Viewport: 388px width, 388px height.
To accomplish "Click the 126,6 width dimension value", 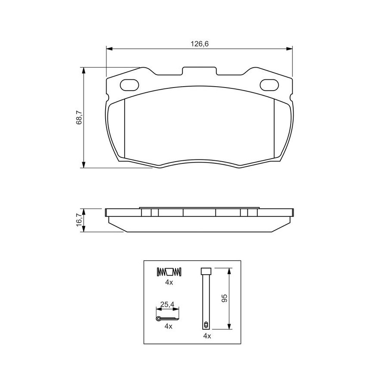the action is click(x=200, y=44).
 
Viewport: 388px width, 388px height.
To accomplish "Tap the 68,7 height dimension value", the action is click(x=79, y=118).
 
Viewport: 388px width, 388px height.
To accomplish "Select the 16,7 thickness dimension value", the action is click(x=79, y=220).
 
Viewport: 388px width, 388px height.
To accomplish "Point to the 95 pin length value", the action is click(x=225, y=298).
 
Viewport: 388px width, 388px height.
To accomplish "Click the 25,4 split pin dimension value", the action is click(x=167, y=304).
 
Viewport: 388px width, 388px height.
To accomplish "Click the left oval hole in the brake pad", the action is click(x=129, y=85).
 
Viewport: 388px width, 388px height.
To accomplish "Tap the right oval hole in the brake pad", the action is click(x=269, y=85).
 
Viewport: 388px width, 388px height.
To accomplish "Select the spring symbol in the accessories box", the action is click(x=169, y=272).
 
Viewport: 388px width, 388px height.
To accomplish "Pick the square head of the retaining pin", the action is click(x=206, y=271).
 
